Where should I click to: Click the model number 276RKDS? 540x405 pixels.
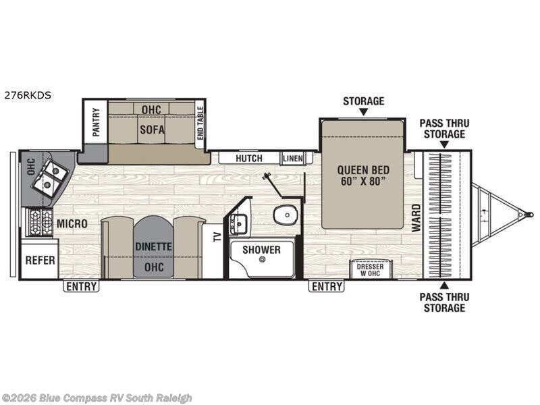pos(28,95)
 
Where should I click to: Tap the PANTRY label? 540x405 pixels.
pos(96,122)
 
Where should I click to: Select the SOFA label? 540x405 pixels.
pos(152,130)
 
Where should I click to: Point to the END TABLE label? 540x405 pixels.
pos(200,123)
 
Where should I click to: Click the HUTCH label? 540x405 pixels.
pos(249,159)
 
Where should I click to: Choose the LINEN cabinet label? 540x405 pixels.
pos(293,159)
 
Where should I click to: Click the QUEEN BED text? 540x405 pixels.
pos(363,170)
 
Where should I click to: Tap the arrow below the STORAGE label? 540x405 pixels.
pos(364,111)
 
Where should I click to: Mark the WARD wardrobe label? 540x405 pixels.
pos(416,218)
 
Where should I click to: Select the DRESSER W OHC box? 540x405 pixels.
pos(370,269)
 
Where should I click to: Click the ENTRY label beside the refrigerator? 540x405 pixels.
pos(81,286)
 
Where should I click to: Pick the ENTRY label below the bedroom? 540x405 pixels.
pos(327,286)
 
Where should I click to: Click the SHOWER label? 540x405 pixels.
pos(261,250)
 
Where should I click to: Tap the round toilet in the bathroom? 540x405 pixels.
pos(286,215)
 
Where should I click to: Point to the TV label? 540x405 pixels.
pos(217,237)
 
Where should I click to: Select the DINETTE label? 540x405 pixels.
pos(154,246)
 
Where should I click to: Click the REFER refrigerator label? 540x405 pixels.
pos(40,261)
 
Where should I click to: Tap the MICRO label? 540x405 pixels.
pos(72,224)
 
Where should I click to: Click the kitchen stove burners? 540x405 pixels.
pos(40,222)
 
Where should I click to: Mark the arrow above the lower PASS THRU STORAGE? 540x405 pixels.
pos(444,285)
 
